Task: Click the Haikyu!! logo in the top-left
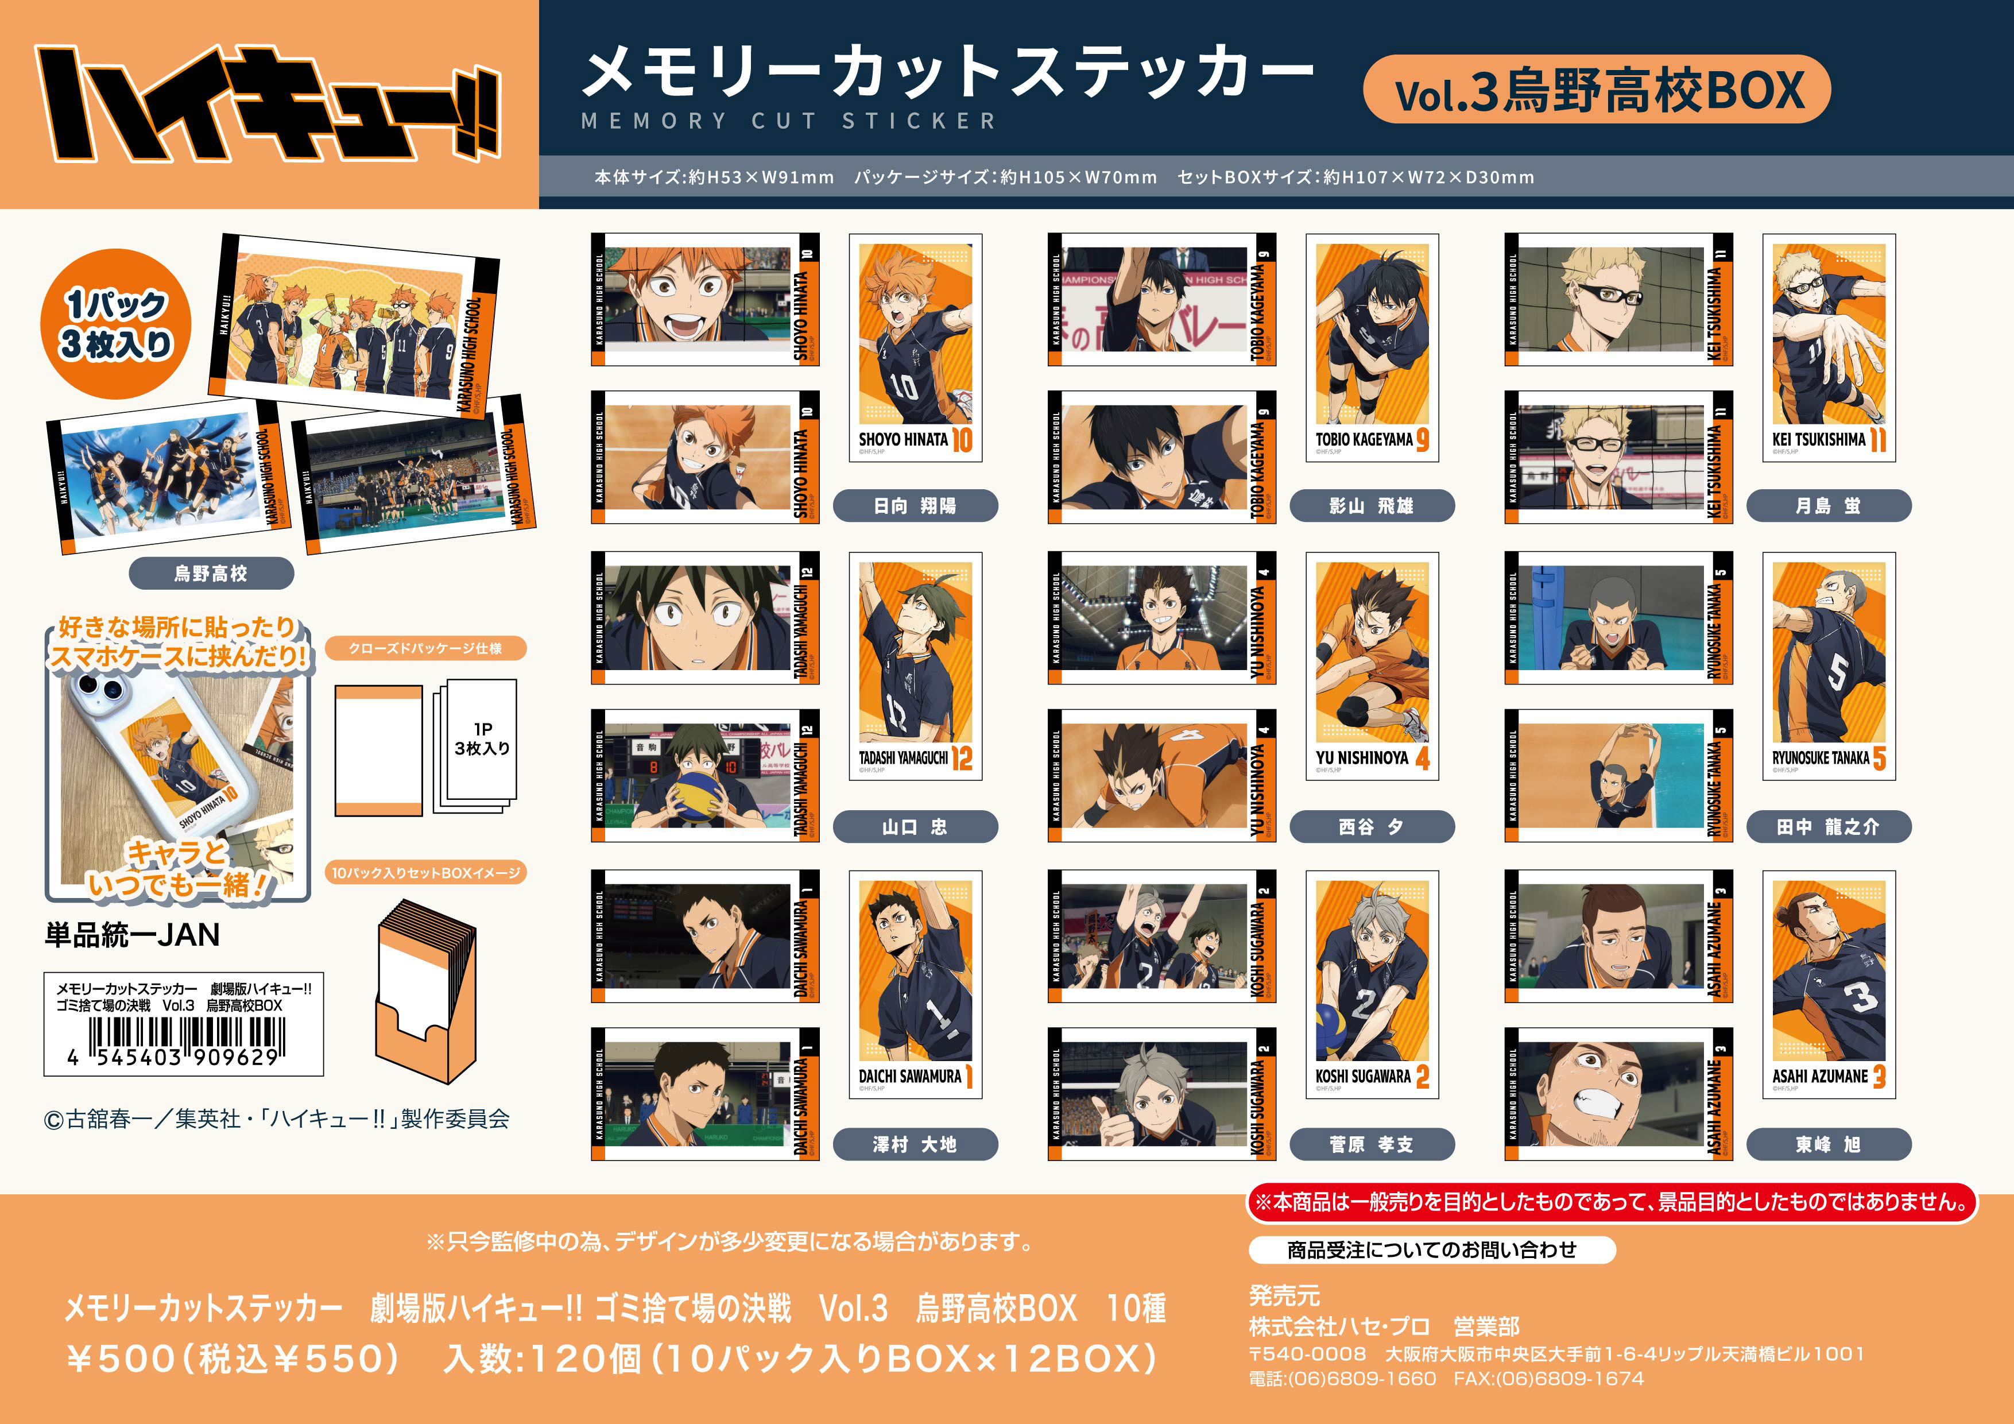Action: (268, 103)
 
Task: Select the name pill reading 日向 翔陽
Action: (915, 505)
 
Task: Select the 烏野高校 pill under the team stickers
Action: (211, 574)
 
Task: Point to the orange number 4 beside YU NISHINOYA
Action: (1422, 758)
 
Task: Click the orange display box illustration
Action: (427, 992)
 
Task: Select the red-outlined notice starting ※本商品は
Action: (1612, 1202)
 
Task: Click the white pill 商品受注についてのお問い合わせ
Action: (1431, 1249)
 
